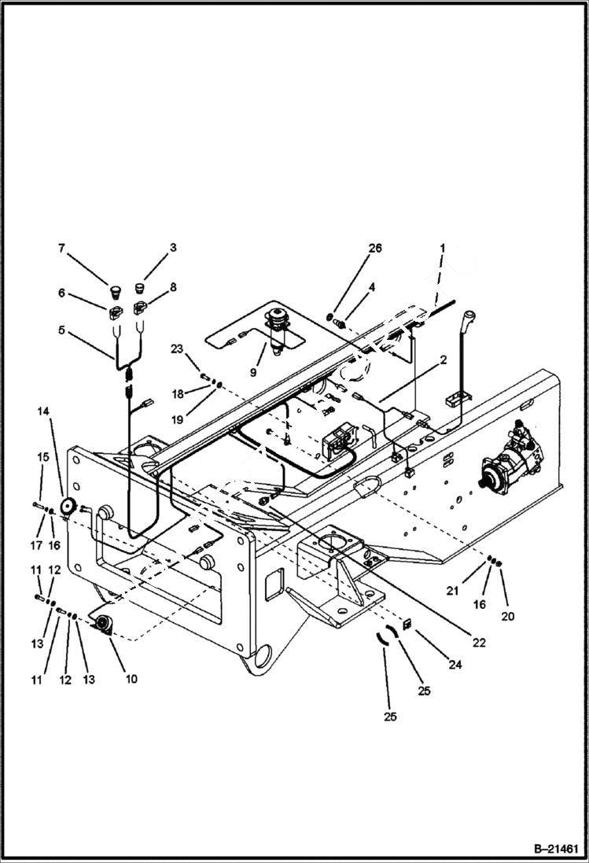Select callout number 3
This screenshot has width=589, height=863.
point(172,248)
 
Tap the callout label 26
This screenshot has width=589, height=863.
point(376,248)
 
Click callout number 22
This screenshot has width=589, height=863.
point(480,643)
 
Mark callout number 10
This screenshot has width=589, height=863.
point(131,678)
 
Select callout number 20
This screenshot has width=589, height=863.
point(507,617)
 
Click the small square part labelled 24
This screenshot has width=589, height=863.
point(407,625)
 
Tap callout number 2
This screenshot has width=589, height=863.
point(444,360)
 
